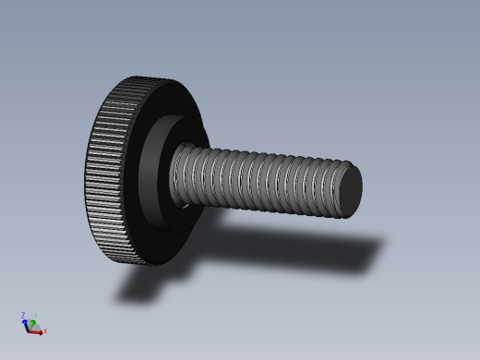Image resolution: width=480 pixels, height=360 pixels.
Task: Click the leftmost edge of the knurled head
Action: (86, 171)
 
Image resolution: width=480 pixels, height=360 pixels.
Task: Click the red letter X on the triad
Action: (45, 330)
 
